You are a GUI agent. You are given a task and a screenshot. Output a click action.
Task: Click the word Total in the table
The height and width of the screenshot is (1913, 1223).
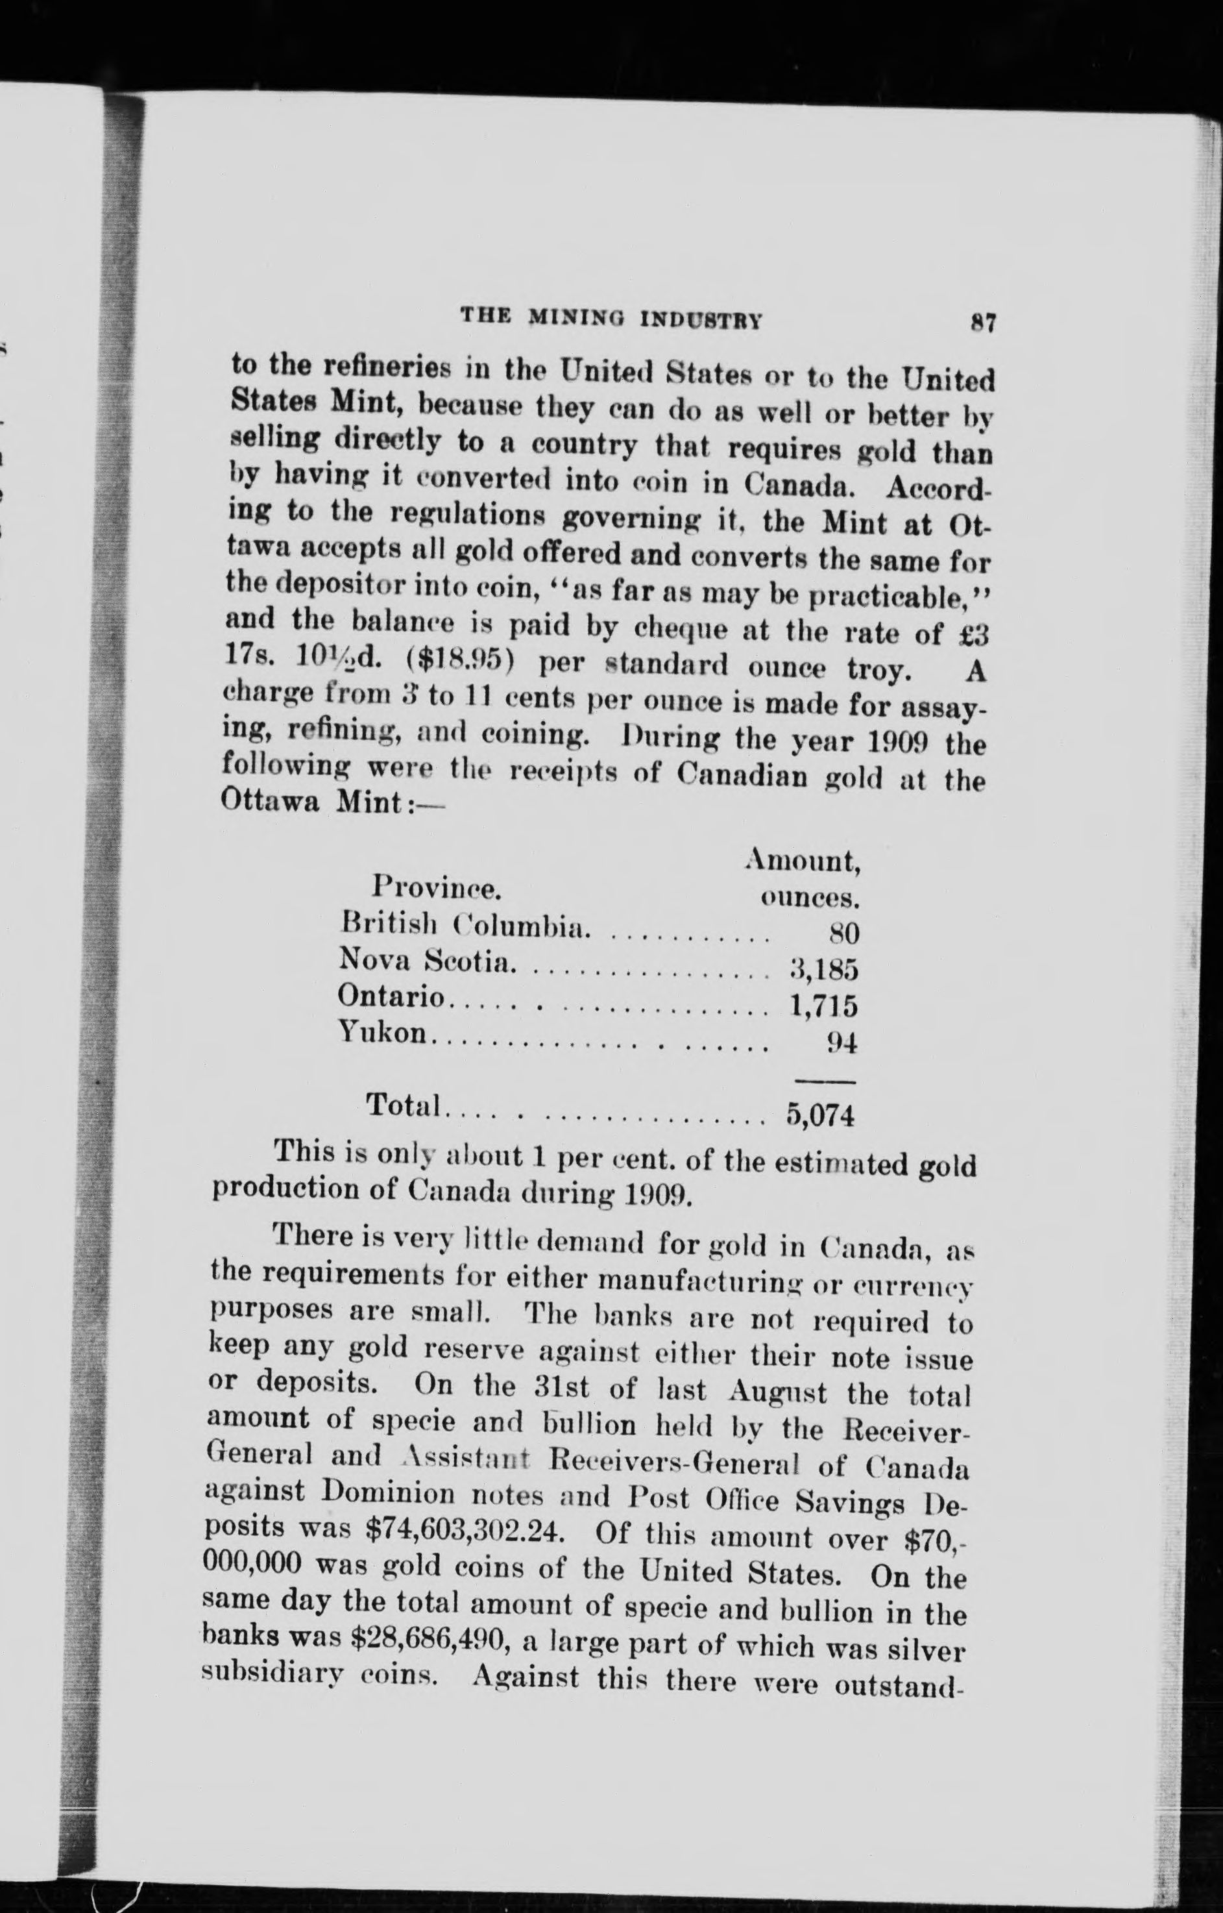pos(403,1105)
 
